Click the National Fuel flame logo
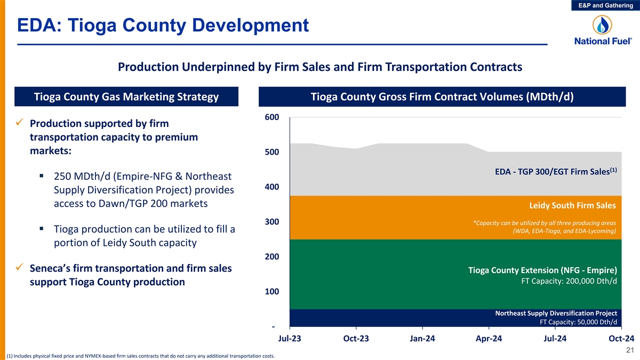click(x=603, y=25)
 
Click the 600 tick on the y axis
click(x=271, y=117)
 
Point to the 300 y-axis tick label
click(x=271, y=222)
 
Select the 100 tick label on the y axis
click(x=271, y=292)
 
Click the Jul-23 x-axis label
click(x=290, y=339)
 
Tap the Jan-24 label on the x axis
click(x=422, y=339)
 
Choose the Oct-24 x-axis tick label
click(x=621, y=339)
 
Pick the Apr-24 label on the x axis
click(x=489, y=339)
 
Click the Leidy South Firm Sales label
click(x=572, y=205)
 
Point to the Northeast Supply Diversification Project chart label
click(x=556, y=313)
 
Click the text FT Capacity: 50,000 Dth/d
click(x=578, y=322)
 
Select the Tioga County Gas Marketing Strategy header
click(x=126, y=97)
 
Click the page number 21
click(x=629, y=350)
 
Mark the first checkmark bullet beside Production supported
click(x=19, y=123)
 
